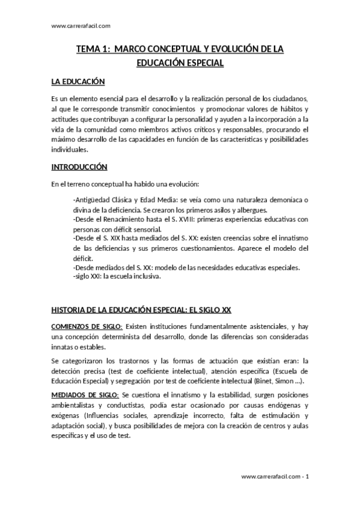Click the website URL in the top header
click(x=81, y=25)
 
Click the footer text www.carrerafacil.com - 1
click(x=275, y=476)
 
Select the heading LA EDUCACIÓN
click(x=78, y=81)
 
